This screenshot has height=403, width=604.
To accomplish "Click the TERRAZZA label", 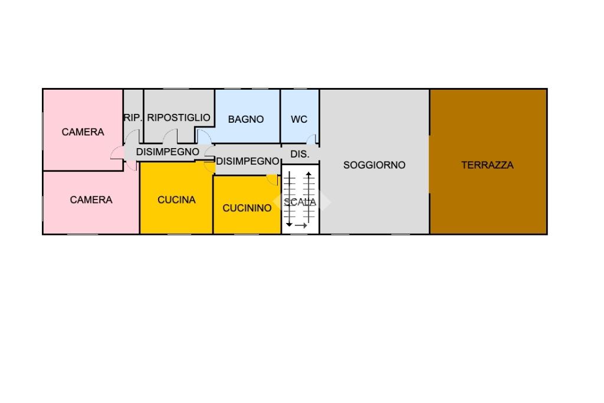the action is tap(487, 165).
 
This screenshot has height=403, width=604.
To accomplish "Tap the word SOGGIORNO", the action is tap(374, 165).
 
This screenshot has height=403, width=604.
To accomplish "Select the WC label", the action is tap(299, 119).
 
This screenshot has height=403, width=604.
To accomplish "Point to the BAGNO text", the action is tap(246, 119).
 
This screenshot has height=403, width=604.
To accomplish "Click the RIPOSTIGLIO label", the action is tap(179, 118).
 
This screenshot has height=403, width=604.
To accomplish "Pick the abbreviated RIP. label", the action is tap(133, 118).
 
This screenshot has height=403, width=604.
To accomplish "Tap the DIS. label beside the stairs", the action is tap(300, 155).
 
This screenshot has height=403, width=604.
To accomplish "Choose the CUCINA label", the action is tap(176, 200).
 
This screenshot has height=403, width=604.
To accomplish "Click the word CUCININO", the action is tap(247, 208).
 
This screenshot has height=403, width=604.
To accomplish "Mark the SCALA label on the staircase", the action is tap(300, 202).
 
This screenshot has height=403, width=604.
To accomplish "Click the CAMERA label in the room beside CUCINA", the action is tap(91, 200).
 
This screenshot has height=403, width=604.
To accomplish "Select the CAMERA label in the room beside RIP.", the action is tap(83, 132).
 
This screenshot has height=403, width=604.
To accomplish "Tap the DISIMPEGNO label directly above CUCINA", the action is tap(168, 152).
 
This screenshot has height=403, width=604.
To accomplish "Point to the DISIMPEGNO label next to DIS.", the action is tap(247, 162).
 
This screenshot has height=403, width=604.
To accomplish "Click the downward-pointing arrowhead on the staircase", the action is tap(289, 224).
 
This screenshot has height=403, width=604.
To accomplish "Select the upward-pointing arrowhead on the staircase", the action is tap(308, 174).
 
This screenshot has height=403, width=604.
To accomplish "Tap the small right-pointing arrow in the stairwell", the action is tap(301, 226).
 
